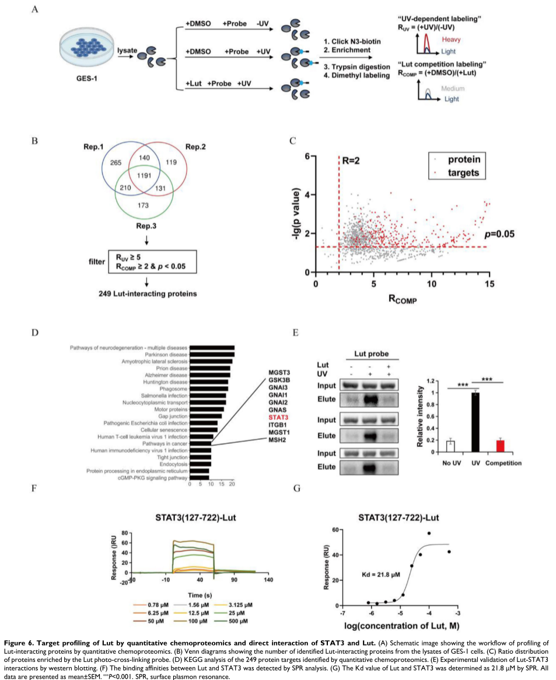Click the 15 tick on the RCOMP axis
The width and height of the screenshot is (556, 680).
pos(489,283)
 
